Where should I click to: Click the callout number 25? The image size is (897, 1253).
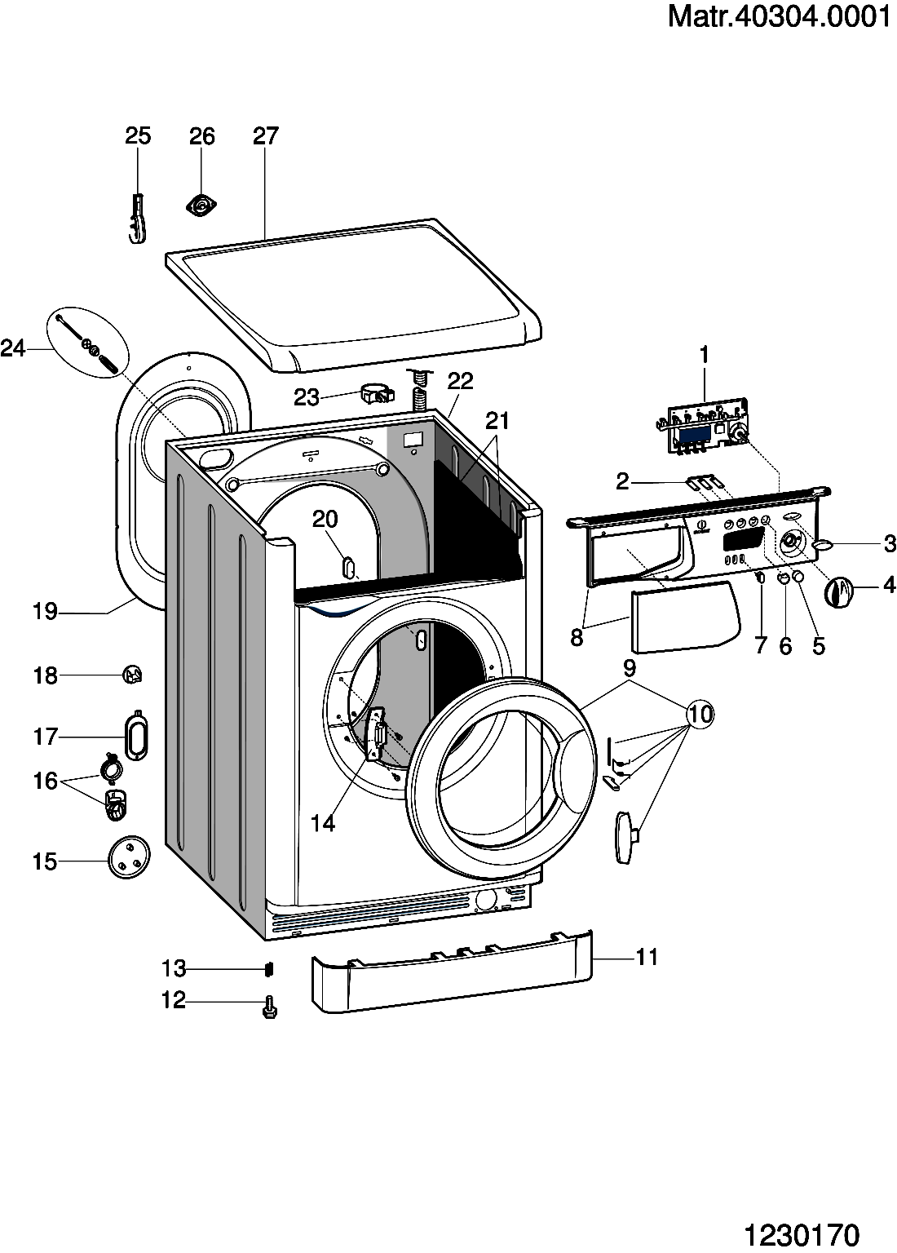point(138,136)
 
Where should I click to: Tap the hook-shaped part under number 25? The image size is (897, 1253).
point(137,219)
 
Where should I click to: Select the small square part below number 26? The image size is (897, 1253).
point(201,206)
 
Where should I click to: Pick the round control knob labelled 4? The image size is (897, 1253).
point(838,591)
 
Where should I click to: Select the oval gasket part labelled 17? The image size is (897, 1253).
point(136,735)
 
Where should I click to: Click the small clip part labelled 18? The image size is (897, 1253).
point(133,675)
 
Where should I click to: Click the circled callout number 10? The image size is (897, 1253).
point(700,714)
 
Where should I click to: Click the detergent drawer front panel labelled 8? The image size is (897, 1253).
point(686,617)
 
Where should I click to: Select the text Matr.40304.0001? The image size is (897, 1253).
point(779,17)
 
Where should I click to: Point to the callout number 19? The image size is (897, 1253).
point(46,611)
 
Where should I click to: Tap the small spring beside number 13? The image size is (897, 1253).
point(269,968)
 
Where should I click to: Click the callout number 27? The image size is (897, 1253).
point(266,136)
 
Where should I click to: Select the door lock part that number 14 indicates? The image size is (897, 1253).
point(376,733)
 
